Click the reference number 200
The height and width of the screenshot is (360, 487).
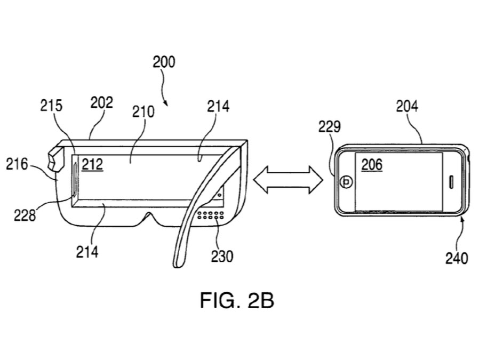pyautogui.click(x=163, y=62)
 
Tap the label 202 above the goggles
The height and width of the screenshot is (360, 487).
pyautogui.click(x=101, y=102)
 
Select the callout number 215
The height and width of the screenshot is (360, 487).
pyautogui.click(x=51, y=106)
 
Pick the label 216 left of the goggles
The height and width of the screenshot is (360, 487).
pyautogui.click(x=17, y=164)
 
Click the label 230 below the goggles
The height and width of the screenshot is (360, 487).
pyautogui.click(x=221, y=257)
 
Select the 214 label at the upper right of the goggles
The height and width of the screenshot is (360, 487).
pyautogui.click(x=218, y=106)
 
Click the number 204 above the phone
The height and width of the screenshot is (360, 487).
pyautogui.click(x=407, y=106)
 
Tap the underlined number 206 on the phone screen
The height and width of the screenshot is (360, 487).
pyautogui.click(x=372, y=164)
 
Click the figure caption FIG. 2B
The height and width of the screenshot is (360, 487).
pyautogui.click(x=237, y=301)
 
